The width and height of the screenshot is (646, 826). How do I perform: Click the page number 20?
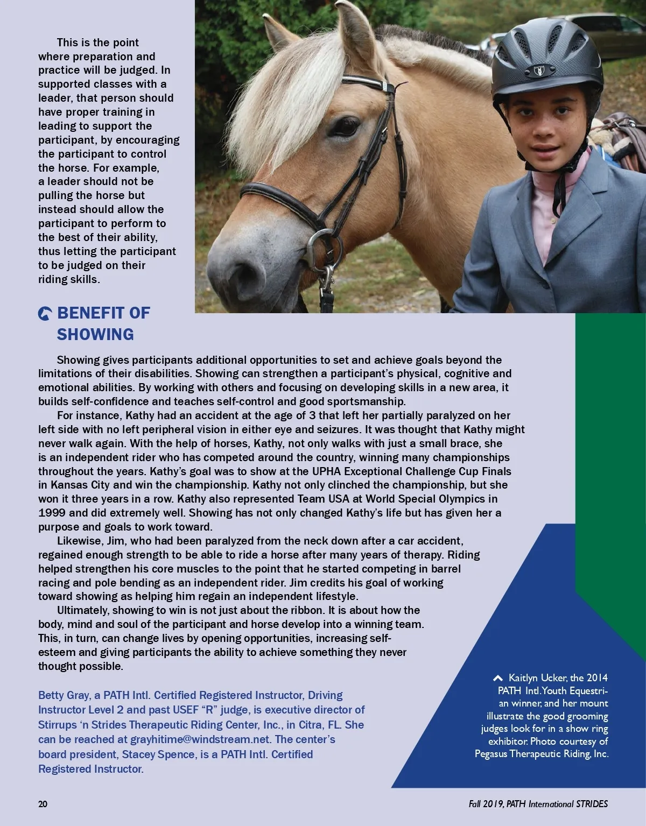pos(43,804)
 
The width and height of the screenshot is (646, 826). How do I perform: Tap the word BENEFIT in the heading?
pos(88,313)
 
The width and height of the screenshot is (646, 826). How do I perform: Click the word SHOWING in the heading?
pos(95,334)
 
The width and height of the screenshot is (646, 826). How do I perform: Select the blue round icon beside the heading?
pos(45,314)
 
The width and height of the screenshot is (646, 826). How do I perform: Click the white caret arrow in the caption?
pos(498,678)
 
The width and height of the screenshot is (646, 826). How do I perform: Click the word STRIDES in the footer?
pos(592,804)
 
